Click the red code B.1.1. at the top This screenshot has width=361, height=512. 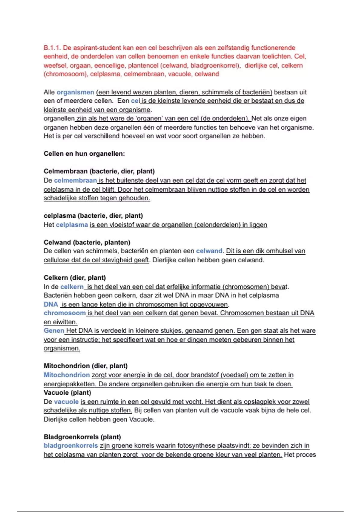(52, 48)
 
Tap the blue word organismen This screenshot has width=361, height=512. (75, 92)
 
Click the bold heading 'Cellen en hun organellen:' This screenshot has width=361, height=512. (84, 154)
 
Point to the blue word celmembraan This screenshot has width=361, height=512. (75, 180)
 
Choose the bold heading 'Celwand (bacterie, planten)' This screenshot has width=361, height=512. (87, 242)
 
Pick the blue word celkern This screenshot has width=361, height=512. (72, 287)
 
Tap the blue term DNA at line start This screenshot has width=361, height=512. (51, 304)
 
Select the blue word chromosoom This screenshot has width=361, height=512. (64, 313)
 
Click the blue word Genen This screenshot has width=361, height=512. (54, 331)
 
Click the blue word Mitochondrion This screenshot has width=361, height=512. (66, 375)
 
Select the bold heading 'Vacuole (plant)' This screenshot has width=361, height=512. (67, 393)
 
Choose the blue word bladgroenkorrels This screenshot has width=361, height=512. (71, 446)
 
